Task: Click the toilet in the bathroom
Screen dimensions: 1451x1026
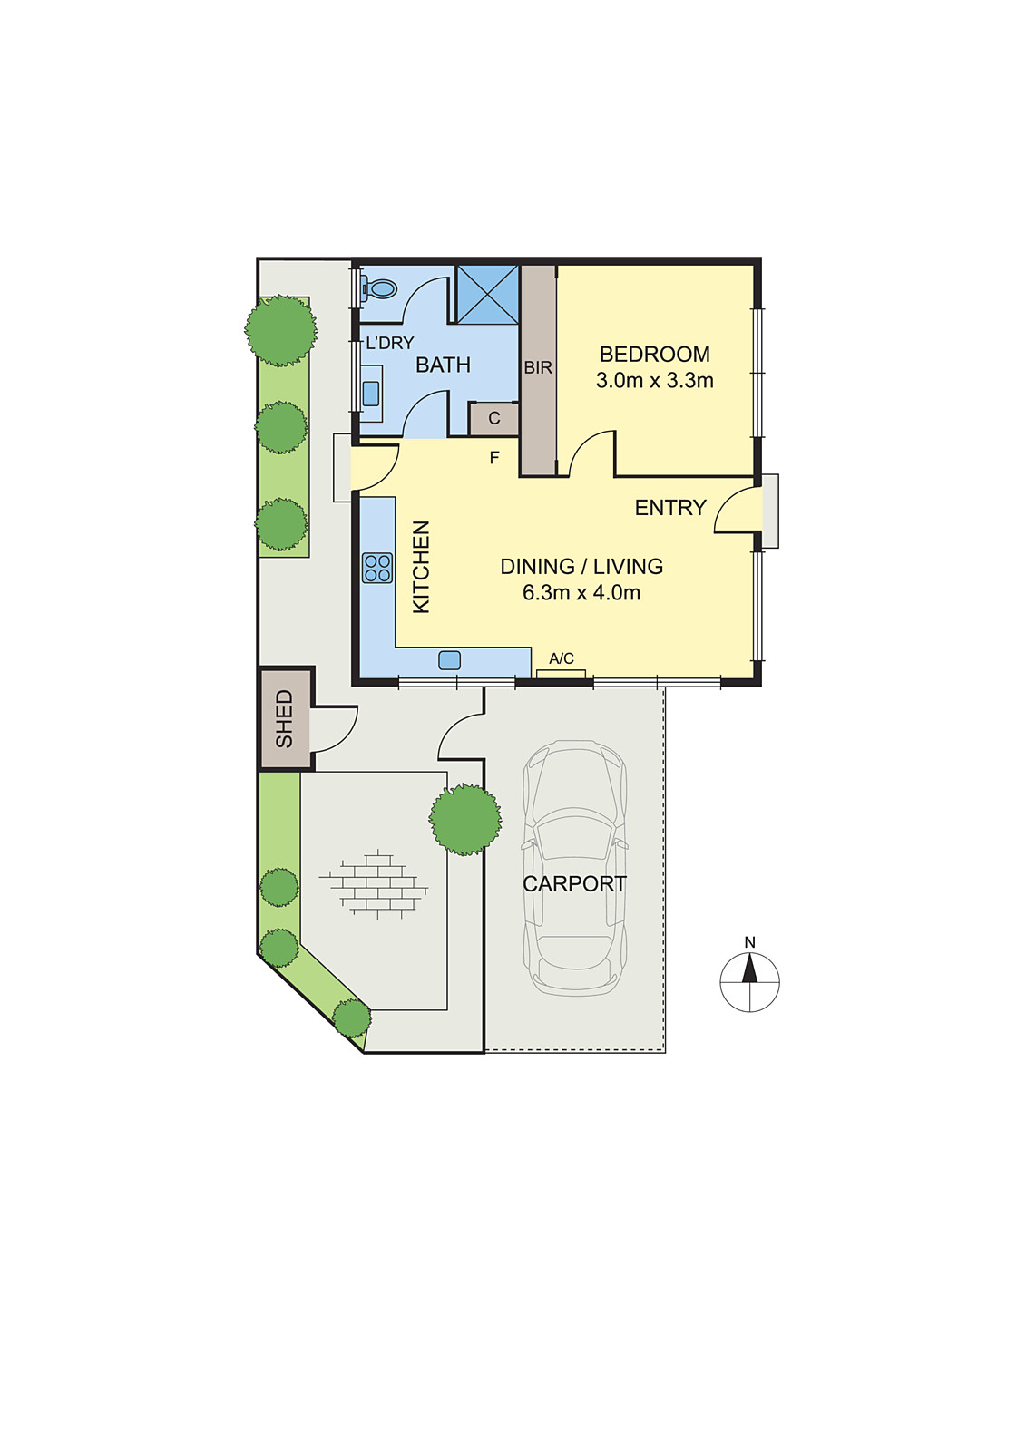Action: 380,289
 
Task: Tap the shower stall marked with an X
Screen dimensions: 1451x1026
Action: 487,294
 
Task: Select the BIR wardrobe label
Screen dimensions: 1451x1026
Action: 538,368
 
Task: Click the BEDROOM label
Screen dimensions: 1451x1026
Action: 654,355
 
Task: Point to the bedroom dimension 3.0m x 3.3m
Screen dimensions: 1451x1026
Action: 654,381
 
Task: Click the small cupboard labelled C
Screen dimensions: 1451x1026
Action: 493,419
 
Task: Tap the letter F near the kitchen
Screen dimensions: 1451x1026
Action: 494,458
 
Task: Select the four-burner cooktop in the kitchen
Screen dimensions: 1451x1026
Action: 377,568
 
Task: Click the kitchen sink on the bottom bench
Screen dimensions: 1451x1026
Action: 449,660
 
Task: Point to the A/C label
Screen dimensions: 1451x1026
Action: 562,658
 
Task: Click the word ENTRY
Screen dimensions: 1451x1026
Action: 669,508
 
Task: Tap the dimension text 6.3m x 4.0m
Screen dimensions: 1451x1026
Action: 581,593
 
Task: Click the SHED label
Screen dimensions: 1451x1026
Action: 285,719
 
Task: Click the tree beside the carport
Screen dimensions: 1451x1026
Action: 465,819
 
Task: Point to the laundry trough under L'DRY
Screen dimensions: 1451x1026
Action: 371,393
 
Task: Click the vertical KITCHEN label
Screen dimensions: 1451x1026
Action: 422,567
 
